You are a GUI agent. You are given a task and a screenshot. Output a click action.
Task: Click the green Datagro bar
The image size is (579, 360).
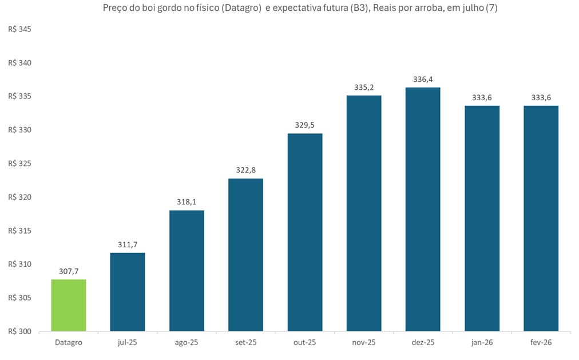tap(69, 306)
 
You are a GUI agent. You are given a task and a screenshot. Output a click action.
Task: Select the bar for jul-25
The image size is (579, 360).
tap(128, 292)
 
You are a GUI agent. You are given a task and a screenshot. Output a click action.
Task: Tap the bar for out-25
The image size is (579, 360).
tap(305, 232)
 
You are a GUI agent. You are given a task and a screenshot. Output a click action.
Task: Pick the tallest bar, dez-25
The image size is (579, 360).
tap(423, 209)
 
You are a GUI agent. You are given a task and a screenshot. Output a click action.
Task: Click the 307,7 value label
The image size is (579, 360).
tap(69, 271)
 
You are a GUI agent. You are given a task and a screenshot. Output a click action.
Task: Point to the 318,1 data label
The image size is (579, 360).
tap(187, 201)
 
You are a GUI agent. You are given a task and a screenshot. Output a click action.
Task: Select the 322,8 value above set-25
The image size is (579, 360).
tap(245, 170)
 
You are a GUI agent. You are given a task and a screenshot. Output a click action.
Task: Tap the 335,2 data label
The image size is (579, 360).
tap(364, 87)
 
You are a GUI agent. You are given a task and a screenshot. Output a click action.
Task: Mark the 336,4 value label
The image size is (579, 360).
tap(423, 79)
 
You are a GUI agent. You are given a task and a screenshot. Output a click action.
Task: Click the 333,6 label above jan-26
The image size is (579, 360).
tap(482, 97)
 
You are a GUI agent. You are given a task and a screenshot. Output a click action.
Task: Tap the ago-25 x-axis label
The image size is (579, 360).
tap(187, 342)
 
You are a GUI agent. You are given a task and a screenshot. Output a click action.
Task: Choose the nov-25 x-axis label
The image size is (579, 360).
tap(364, 342)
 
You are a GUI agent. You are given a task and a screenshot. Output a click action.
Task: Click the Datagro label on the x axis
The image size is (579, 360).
tap(69, 342)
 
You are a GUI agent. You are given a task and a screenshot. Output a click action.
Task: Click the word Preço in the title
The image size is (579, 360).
tap(115, 9)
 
